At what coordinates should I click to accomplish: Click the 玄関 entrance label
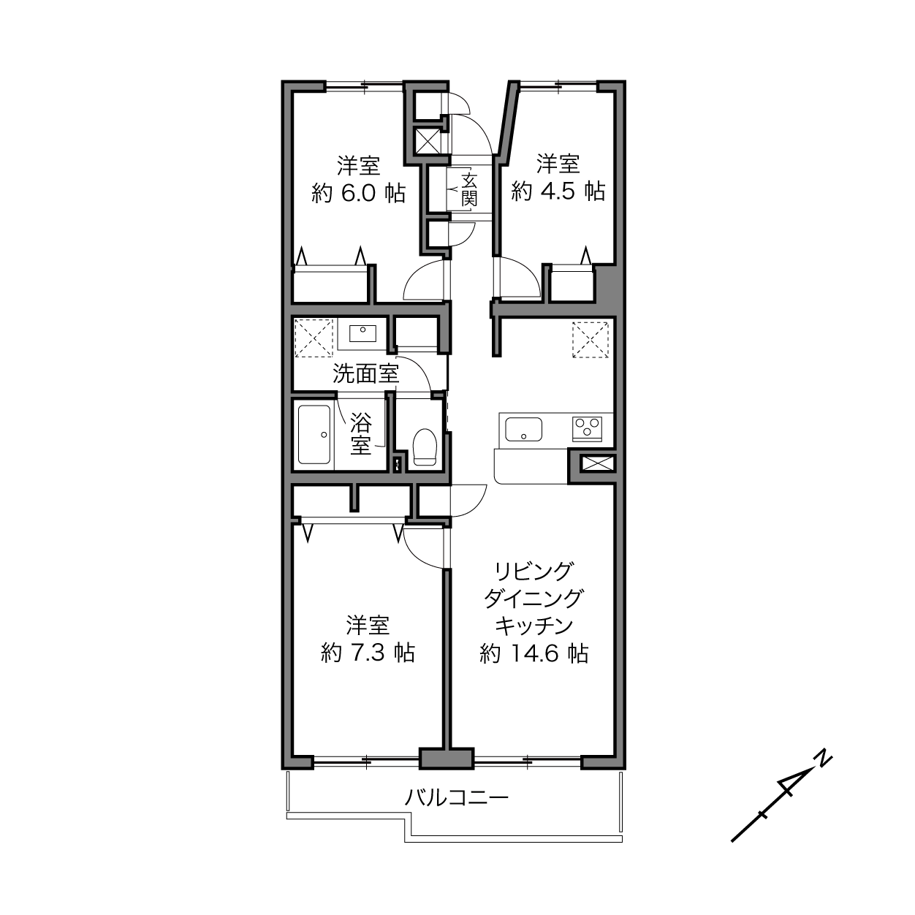click(468, 190)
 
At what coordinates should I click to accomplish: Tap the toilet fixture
click(425, 447)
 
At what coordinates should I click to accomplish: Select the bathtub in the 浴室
click(314, 434)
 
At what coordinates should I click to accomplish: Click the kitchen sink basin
click(523, 429)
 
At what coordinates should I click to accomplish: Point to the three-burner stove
click(587, 429)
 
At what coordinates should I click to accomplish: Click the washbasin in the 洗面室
click(362, 333)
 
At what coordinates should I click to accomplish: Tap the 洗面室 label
click(365, 373)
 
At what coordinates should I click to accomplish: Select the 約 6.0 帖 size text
click(359, 193)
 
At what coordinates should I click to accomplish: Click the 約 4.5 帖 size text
click(558, 191)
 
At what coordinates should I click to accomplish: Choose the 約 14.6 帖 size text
click(534, 653)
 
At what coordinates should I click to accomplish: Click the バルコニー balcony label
click(456, 798)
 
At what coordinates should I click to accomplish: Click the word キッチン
click(534, 626)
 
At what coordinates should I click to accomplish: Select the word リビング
click(534, 572)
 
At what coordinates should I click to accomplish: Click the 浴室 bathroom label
click(361, 434)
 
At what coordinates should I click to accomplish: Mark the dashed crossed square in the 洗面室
click(314, 338)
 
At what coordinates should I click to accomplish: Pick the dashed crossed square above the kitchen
click(591, 340)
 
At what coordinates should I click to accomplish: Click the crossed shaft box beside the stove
click(598, 463)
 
